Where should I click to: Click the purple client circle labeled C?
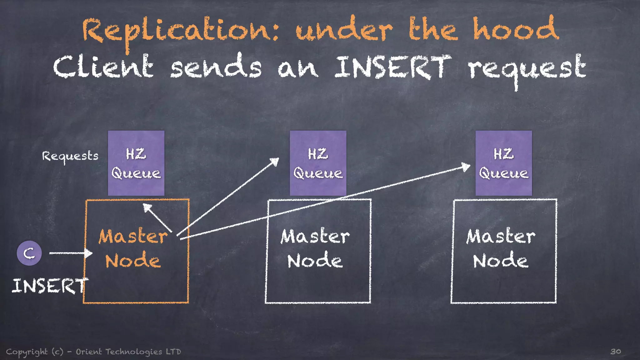(29, 253)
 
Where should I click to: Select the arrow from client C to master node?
(70, 253)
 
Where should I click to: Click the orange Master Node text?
(133, 248)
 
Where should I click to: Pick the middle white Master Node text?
(315, 248)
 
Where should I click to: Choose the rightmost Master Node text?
(501, 248)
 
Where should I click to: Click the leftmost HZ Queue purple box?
(136, 163)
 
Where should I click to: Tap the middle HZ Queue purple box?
(318, 163)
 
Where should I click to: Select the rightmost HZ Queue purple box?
(503, 163)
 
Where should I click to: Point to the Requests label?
(70, 156)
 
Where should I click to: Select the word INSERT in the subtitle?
(392, 67)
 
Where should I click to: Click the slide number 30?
(615, 351)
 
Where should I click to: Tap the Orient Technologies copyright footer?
(94, 352)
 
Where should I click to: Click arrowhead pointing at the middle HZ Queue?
(275, 161)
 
